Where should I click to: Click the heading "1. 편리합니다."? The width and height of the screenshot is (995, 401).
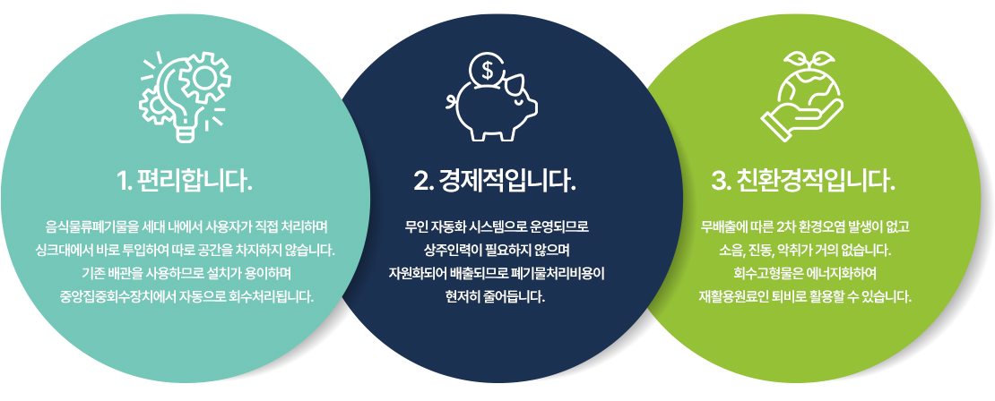[185, 181]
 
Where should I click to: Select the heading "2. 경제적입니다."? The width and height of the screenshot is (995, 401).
[495, 181]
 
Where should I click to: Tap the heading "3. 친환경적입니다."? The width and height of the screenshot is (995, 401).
[803, 181]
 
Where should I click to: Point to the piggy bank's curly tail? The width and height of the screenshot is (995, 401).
[453, 100]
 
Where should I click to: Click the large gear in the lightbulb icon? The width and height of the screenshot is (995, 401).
[204, 78]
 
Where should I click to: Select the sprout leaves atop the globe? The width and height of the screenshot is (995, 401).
[802, 61]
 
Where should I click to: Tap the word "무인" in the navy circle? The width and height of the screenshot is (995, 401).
[415, 226]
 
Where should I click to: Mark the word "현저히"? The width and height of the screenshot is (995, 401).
[460, 296]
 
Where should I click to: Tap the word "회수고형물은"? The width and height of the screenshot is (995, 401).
[762, 273]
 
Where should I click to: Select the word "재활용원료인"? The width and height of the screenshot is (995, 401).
[729, 296]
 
